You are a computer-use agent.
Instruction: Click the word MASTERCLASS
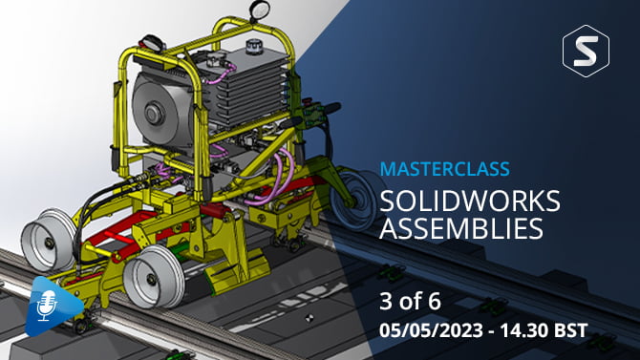(x=444, y=169)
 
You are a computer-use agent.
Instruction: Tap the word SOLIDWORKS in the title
(x=470, y=201)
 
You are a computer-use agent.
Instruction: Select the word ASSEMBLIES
(x=461, y=228)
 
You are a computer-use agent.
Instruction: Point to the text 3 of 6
(x=410, y=302)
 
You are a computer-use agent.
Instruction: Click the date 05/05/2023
(x=431, y=330)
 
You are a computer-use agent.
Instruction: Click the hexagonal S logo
(x=586, y=51)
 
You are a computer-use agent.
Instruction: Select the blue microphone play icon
(x=53, y=306)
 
